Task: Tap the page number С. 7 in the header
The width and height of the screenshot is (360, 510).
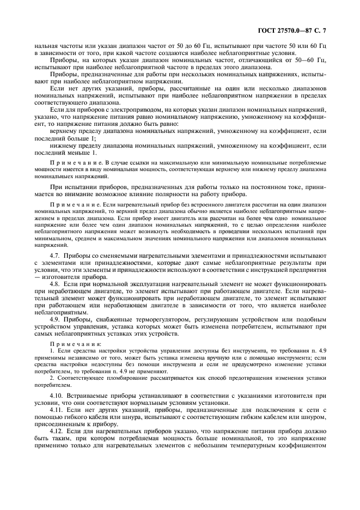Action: coord(321,32)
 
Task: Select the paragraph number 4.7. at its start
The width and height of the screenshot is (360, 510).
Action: coord(56,256)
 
